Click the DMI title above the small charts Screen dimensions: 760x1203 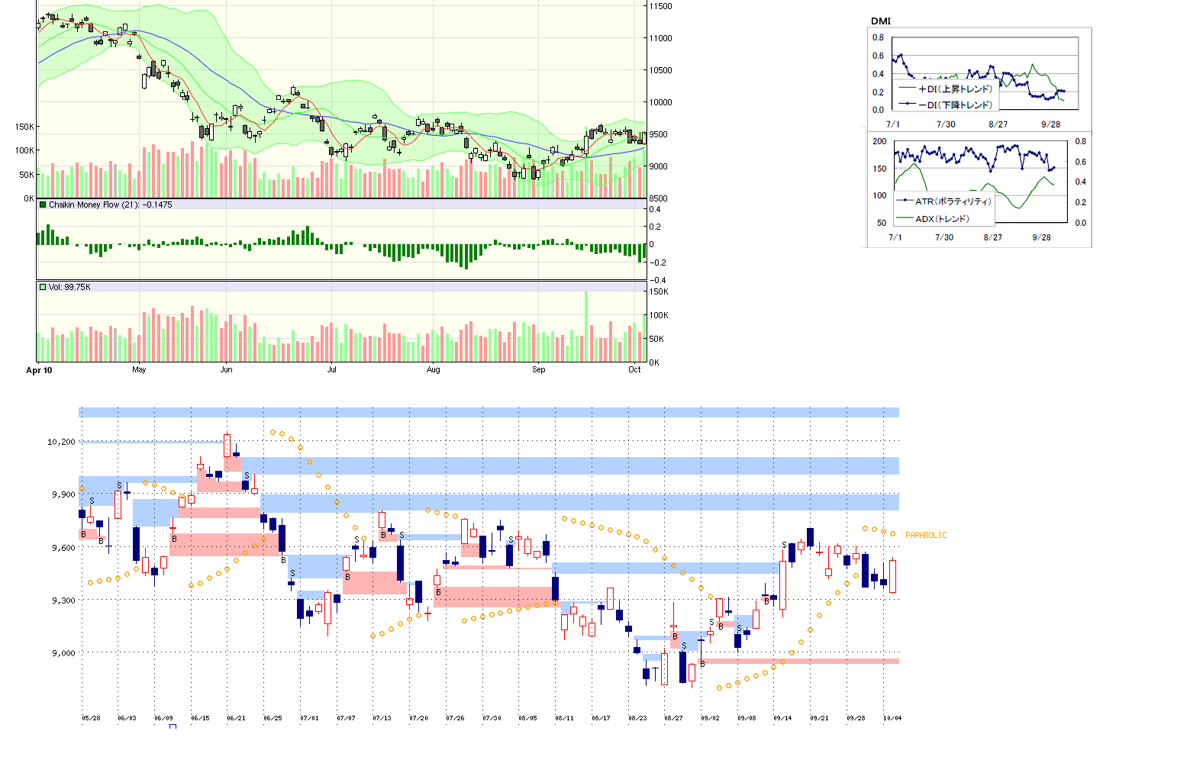pyautogui.click(x=880, y=21)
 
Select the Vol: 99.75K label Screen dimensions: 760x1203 pyautogui.click(x=69, y=287)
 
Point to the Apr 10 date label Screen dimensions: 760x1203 pyautogui.click(x=39, y=370)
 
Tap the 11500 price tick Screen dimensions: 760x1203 pyautogui.click(x=660, y=6)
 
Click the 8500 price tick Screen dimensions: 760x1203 pyautogui.click(x=658, y=198)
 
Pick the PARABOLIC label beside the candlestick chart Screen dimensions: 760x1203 pyautogui.click(x=925, y=536)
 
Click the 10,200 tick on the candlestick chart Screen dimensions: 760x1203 pyautogui.click(x=61, y=442)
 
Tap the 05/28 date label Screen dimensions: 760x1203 pyautogui.click(x=91, y=718)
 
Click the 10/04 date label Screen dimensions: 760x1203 pyautogui.click(x=892, y=718)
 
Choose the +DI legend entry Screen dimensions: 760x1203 pyautogui.click(x=954, y=89)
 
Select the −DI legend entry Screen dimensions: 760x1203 pyautogui.click(x=954, y=105)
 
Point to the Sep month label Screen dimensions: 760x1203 pyautogui.click(x=538, y=369)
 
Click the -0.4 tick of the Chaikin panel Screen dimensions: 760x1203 pyautogui.click(x=657, y=280)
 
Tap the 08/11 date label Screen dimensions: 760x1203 pyautogui.click(x=564, y=718)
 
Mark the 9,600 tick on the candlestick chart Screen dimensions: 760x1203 pyautogui.click(x=63, y=548)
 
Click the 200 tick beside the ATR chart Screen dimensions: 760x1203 pyautogui.click(x=879, y=141)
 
